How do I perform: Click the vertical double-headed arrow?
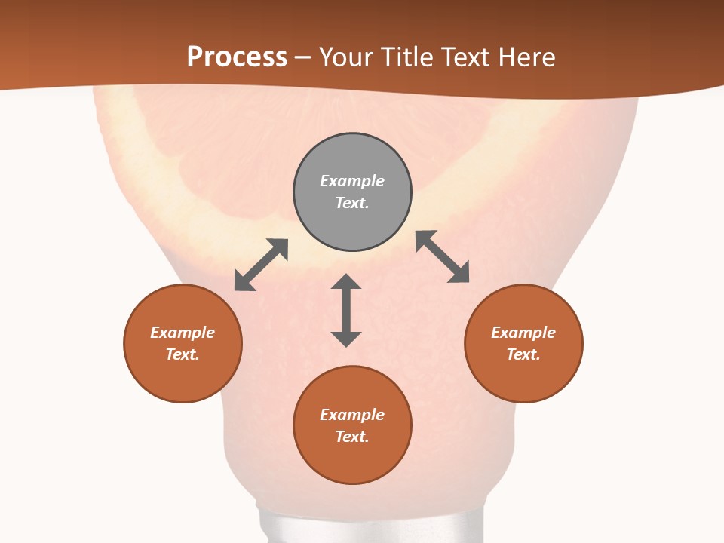(346, 310)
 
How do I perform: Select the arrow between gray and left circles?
(261, 265)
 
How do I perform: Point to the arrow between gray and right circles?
(443, 256)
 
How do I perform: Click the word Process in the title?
(237, 57)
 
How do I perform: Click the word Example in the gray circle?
(352, 181)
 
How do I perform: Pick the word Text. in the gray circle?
(352, 203)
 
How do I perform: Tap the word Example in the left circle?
(183, 333)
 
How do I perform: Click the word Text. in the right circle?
(523, 354)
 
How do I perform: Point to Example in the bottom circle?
(352, 415)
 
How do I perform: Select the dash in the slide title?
(303, 57)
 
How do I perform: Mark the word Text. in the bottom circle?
(352, 437)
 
